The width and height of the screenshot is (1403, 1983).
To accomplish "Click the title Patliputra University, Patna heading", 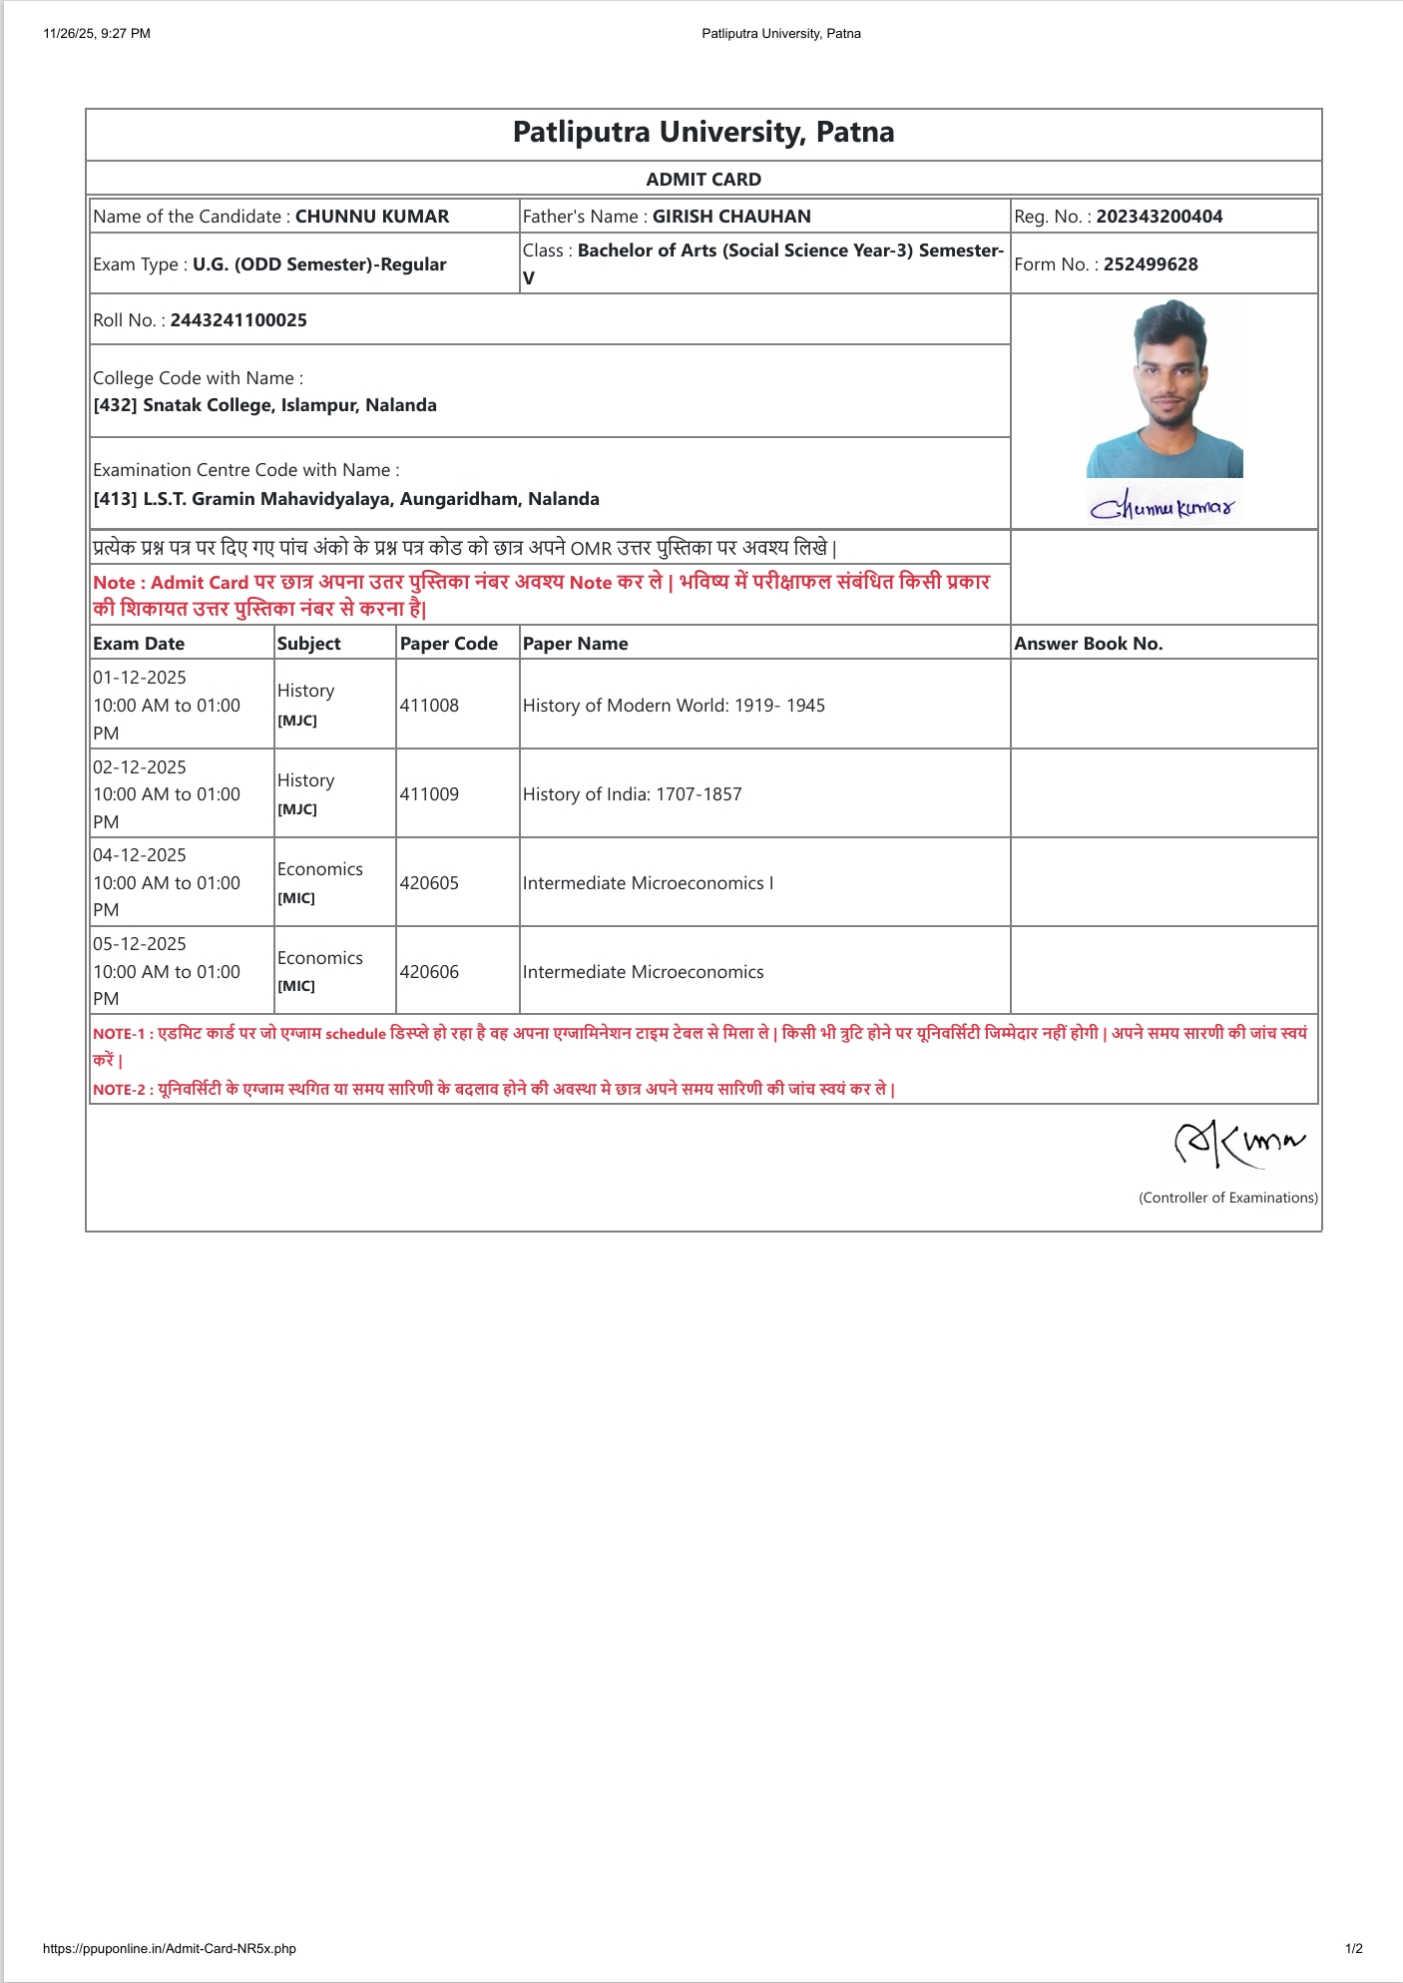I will pos(702,133).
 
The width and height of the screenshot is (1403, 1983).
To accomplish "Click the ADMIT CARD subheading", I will pos(702,180).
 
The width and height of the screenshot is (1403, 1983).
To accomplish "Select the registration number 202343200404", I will pos(1159,217).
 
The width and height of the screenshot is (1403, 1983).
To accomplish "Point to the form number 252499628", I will pos(1150,264).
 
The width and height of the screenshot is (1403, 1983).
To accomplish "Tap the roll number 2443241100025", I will pos(238,320).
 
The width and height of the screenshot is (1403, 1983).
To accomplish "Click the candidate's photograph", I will pos(1165,389).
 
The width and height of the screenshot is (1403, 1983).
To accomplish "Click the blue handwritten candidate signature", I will pos(1163,507).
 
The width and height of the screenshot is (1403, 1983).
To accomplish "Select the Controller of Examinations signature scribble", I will pos(1238,1144).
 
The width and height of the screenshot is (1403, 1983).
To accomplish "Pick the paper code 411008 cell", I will pos(429,706).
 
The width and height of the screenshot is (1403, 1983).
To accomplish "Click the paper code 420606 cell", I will pos(429,972).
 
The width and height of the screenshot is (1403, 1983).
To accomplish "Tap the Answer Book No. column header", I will pos(1088,644).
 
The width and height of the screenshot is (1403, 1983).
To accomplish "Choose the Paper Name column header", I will pos(575,644).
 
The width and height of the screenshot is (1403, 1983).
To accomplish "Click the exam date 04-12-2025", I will pos(140,855).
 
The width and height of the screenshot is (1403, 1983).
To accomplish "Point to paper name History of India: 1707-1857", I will pos(632,794).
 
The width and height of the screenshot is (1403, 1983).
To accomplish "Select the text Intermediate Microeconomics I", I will pos(648,883).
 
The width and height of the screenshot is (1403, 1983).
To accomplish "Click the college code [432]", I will pos(115,405).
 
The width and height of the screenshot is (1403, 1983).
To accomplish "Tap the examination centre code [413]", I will pos(115,499).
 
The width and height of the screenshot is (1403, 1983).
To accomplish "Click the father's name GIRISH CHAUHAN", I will pos(731,217).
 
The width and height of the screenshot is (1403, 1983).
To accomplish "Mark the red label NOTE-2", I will pos(120,1090).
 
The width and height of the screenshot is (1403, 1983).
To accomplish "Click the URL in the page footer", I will pos(170,1948).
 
